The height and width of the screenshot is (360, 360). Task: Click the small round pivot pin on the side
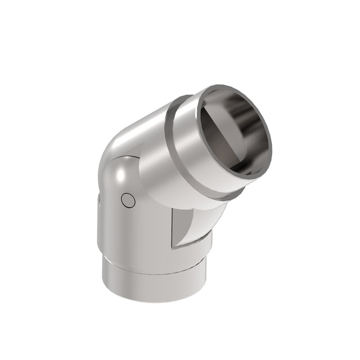(x=128, y=200)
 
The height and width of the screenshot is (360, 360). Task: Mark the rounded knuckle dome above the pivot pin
(x=121, y=174)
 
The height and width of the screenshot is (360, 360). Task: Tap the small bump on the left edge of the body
(x=98, y=200)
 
